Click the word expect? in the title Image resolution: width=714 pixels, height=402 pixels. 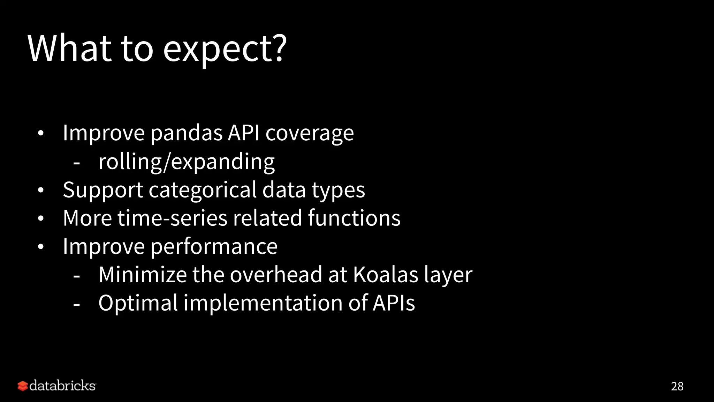click(x=225, y=50)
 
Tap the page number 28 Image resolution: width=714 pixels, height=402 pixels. click(x=677, y=386)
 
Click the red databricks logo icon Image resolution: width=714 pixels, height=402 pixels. click(x=22, y=386)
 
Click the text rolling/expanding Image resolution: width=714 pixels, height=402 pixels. click(x=186, y=162)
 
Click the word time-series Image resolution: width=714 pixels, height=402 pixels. click(x=172, y=218)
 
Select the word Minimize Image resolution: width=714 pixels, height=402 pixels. click(x=143, y=275)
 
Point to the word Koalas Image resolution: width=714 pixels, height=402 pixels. click(x=385, y=275)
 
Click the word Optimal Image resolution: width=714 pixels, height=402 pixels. click(x=138, y=303)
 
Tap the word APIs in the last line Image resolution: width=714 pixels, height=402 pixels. click(x=394, y=303)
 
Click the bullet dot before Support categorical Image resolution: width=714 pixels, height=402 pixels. click(x=41, y=191)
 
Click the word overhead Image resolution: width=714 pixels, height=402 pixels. click(x=276, y=275)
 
